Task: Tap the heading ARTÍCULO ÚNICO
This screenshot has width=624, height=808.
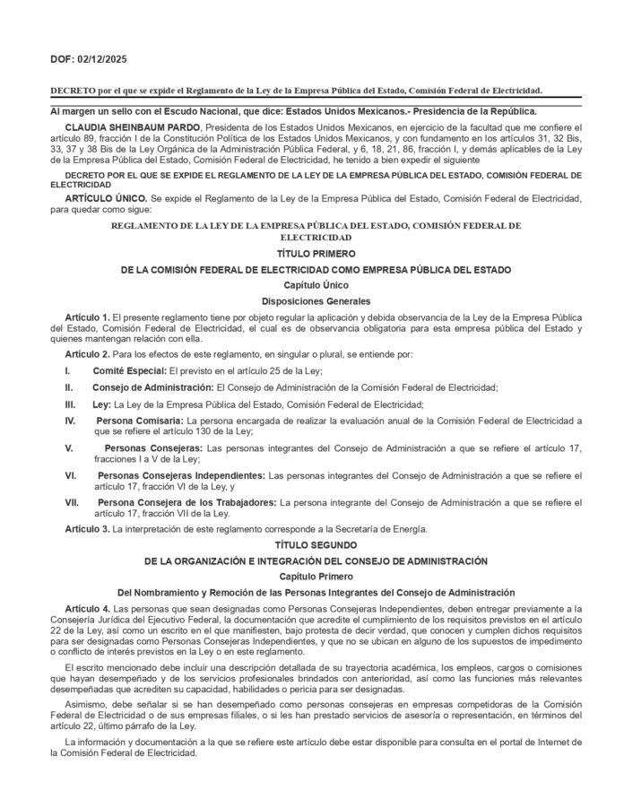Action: click(x=105, y=195)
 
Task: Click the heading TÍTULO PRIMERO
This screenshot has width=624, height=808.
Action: click(x=312, y=255)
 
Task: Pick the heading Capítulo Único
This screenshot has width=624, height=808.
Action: click(x=312, y=284)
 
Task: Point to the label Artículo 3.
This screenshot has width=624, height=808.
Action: click(x=87, y=528)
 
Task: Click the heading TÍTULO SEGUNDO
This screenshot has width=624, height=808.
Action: click(x=312, y=544)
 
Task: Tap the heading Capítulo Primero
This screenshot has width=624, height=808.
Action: click(x=312, y=575)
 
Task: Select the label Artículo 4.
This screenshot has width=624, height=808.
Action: click(x=87, y=608)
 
